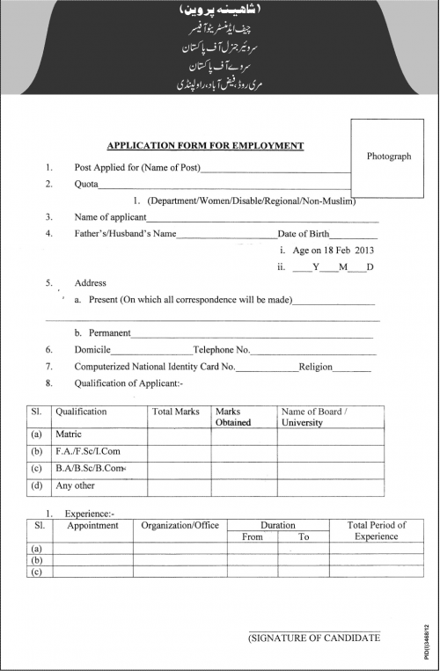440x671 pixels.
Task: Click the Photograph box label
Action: [x=389, y=156]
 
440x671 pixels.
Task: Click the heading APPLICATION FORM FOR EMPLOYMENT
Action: [x=205, y=146]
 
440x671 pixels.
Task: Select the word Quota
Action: [x=86, y=186]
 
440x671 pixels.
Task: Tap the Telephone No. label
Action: [x=223, y=350]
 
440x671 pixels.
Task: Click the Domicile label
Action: [x=93, y=350]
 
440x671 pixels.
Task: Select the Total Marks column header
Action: [x=174, y=412]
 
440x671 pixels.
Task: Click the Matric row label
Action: [x=69, y=434]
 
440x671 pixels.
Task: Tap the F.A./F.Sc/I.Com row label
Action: [x=88, y=451]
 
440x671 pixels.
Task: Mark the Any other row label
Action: [x=77, y=485]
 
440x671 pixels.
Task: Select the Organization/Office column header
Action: [x=180, y=525]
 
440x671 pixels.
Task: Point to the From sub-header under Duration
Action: [x=252, y=536]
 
